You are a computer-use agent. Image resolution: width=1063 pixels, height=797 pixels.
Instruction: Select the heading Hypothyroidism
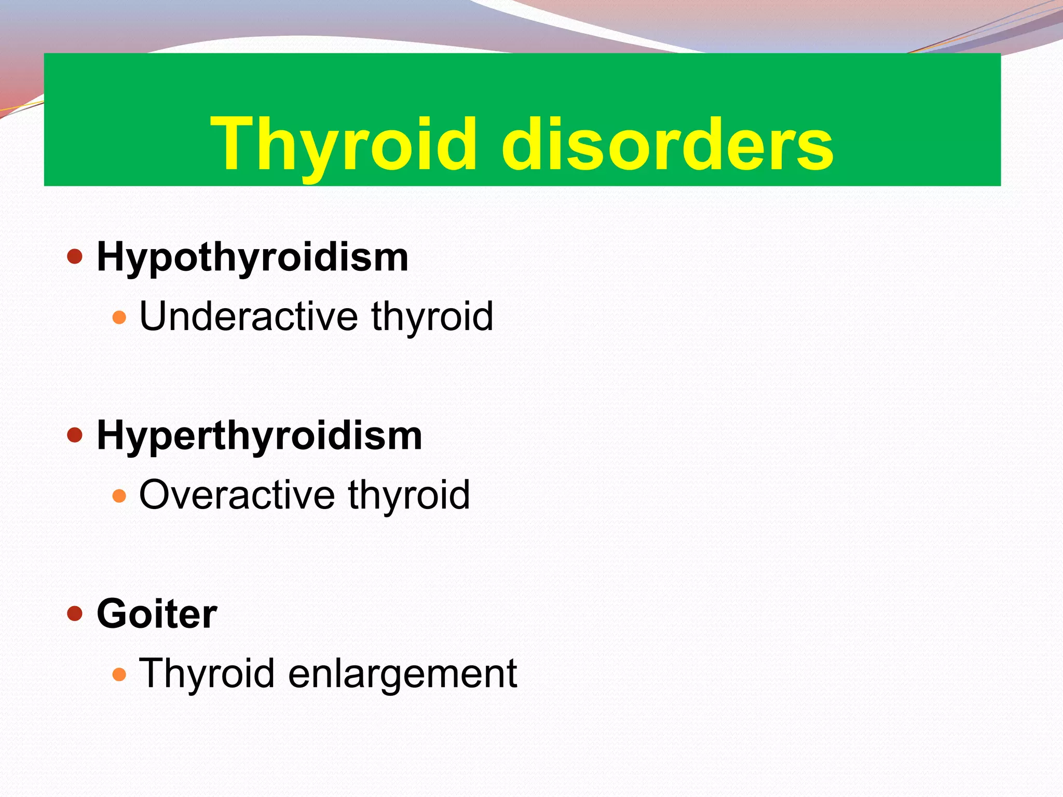pyautogui.click(x=252, y=257)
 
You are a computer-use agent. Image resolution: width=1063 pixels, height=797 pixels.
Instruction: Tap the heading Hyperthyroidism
pyautogui.click(x=259, y=436)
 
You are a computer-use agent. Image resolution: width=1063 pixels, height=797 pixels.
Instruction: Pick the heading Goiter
pyautogui.click(x=157, y=614)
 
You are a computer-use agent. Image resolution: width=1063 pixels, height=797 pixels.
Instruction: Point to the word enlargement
pyautogui.click(x=402, y=674)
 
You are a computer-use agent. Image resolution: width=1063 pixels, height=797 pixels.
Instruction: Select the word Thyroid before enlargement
pyautogui.click(x=207, y=674)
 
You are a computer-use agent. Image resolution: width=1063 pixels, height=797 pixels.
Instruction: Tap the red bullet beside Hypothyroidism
pyautogui.click(x=75, y=256)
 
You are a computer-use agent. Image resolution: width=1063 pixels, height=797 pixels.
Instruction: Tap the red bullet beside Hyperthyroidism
pyautogui.click(x=75, y=435)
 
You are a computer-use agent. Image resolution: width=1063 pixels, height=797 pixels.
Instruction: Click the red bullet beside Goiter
pyautogui.click(x=75, y=613)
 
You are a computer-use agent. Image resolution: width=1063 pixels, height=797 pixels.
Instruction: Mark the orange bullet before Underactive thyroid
pyautogui.click(x=119, y=317)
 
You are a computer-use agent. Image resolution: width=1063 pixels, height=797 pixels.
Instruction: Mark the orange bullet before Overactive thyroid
pyautogui.click(x=119, y=496)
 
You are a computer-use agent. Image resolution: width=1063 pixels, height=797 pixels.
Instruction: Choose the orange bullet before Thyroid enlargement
pyautogui.click(x=119, y=674)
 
